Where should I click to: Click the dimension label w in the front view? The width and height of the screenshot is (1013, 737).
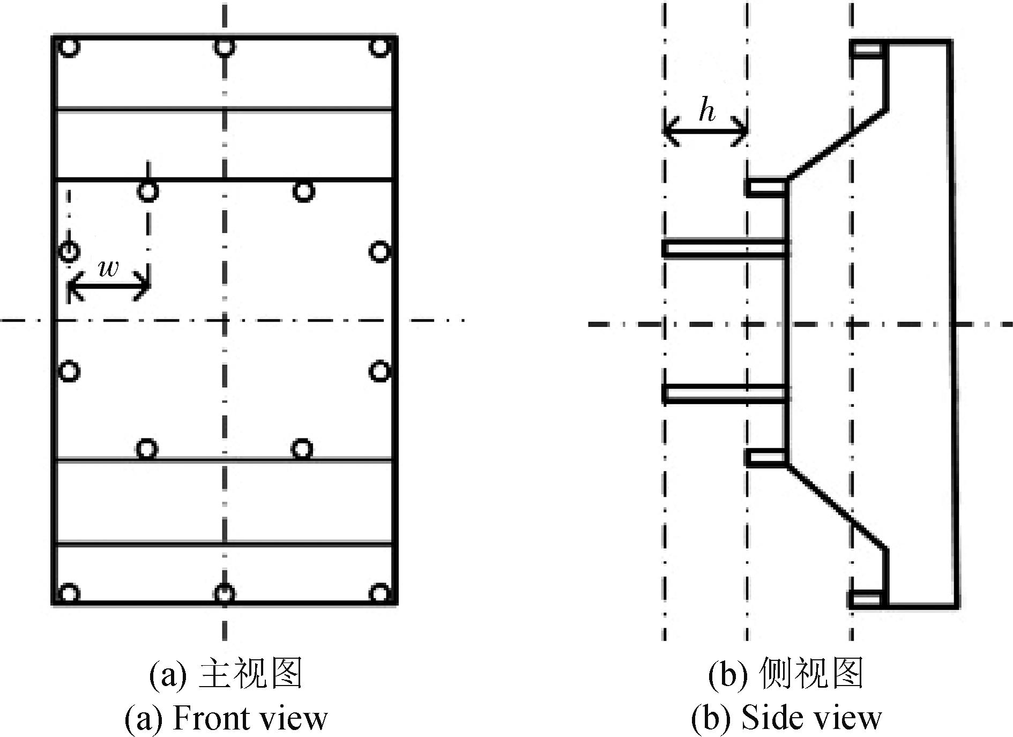click(x=109, y=267)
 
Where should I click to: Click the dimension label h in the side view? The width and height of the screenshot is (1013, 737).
click(x=707, y=111)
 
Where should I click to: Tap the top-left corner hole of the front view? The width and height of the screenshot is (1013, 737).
click(x=69, y=47)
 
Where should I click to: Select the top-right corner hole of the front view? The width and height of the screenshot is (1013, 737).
click(x=379, y=47)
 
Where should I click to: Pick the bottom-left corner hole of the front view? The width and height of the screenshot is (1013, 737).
click(x=69, y=593)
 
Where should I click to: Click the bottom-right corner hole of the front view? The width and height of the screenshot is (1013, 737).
click(x=379, y=593)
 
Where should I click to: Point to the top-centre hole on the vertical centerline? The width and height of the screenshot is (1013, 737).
click(x=224, y=47)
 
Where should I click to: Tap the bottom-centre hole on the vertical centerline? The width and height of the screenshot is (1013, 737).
click(x=224, y=593)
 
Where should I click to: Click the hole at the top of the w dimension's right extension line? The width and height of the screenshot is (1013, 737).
click(x=148, y=191)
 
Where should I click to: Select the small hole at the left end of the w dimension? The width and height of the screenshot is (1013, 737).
click(x=69, y=251)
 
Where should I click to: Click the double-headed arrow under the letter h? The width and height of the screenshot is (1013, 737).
click(x=705, y=130)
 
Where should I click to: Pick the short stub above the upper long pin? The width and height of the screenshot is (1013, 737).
click(x=766, y=188)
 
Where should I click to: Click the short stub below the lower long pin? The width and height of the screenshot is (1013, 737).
click(x=766, y=458)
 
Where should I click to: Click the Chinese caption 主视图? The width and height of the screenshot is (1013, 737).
click(x=251, y=673)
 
